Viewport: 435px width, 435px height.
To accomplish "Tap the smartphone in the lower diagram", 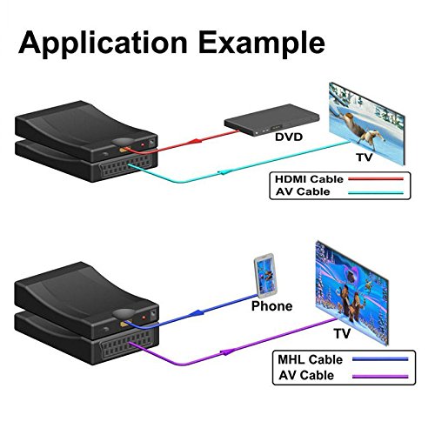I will [x=265, y=276].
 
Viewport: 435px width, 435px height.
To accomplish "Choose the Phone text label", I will [x=271, y=306].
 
